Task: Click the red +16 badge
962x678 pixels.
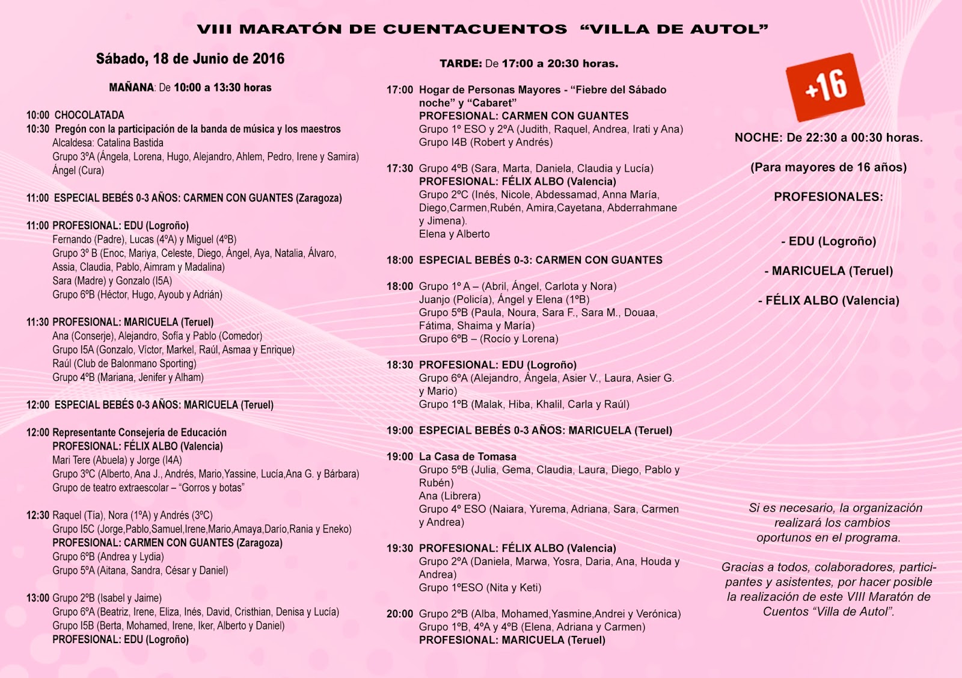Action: coord(825,87)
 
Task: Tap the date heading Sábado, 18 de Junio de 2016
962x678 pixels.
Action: coord(190,59)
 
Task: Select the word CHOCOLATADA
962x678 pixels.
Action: coord(89,115)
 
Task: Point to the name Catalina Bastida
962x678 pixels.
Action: coord(130,143)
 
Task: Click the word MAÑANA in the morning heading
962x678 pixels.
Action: coord(132,88)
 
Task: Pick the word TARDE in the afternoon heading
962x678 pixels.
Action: coord(461,64)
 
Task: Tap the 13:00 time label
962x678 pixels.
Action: coord(37,598)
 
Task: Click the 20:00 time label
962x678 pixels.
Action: coord(399,614)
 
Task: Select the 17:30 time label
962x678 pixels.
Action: coord(399,168)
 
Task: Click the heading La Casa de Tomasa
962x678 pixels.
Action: coord(468,457)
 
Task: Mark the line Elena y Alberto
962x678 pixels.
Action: coord(454,234)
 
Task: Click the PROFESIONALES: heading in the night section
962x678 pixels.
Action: coord(828,197)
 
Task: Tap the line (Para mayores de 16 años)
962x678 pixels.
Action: coord(828,167)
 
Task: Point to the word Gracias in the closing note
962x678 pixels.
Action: coord(744,567)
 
